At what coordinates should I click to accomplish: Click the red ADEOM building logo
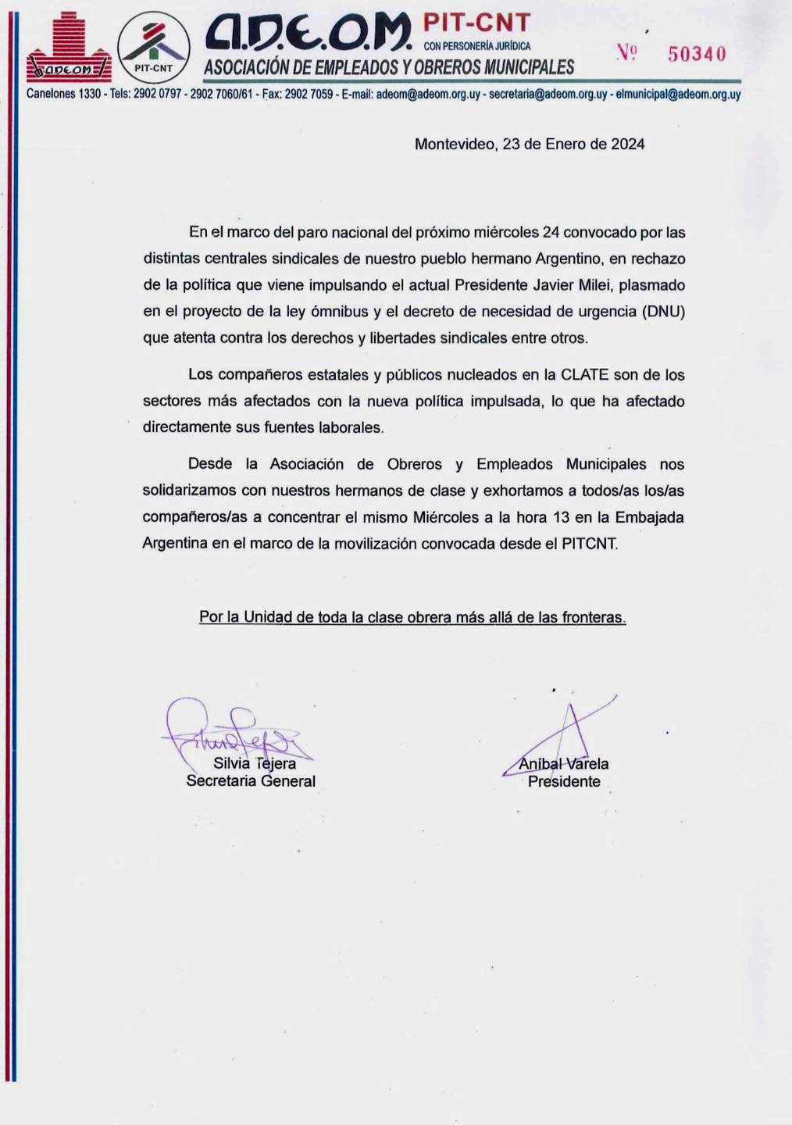[69, 48]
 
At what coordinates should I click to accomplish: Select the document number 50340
[697, 53]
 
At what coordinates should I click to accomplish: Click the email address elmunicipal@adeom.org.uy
[678, 95]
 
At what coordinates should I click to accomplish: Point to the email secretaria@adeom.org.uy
[548, 95]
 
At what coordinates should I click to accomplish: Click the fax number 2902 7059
[309, 95]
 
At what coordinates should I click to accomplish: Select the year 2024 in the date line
[627, 144]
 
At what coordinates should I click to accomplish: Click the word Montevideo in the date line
[455, 144]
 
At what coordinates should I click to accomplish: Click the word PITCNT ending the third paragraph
[589, 544]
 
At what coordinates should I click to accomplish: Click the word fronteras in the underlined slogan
[594, 617]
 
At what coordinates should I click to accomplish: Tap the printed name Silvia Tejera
[255, 763]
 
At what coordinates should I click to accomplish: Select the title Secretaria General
[251, 780]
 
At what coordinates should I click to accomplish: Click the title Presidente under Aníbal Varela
[564, 781]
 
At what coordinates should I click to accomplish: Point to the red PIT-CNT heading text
[477, 22]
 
